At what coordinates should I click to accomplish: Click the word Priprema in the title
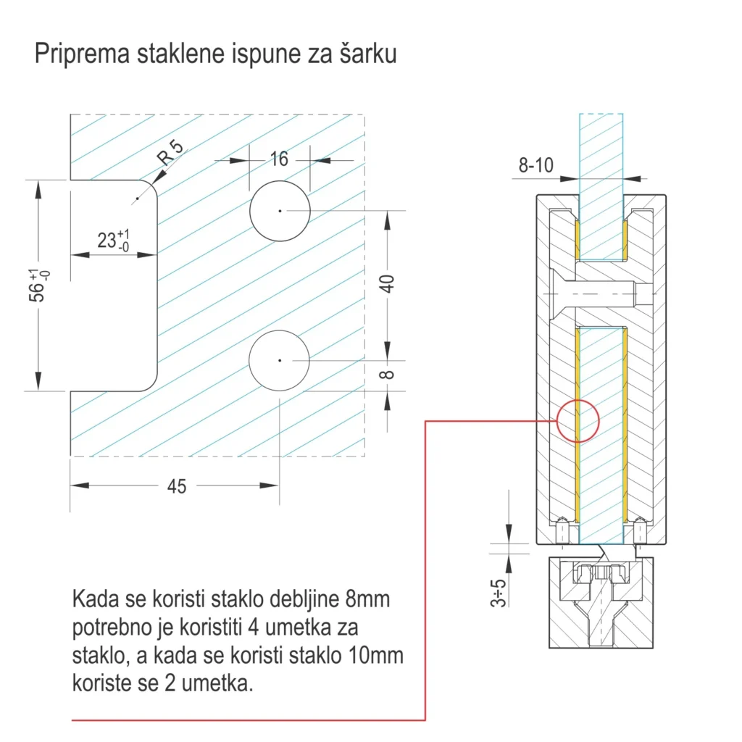point(81,55)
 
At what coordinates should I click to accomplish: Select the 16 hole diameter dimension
point(279,159)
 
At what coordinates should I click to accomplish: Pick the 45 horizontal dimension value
point(176,487)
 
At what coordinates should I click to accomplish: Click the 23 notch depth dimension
point(113,240)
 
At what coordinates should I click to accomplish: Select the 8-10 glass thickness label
point(535,166)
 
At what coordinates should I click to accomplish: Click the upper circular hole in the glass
point(280,210)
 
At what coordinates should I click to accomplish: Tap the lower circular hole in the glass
point(279,359)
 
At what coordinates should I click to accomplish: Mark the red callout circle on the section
point(578,420)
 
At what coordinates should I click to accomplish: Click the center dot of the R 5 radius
point(136,199)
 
